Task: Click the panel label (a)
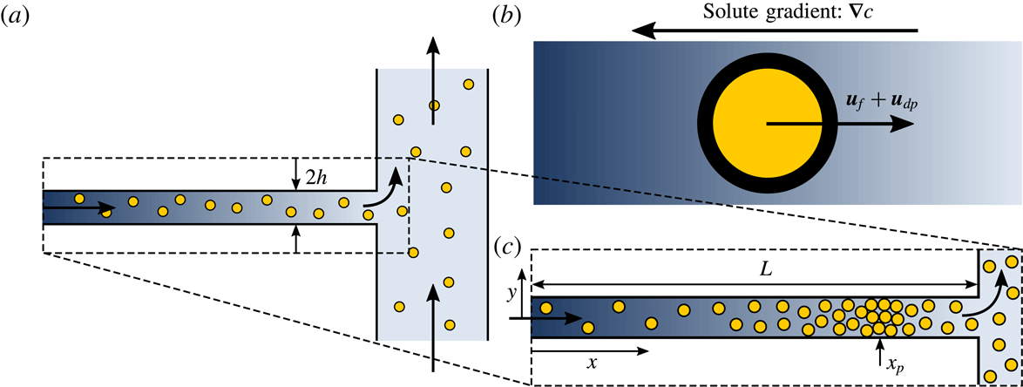click(17, 15)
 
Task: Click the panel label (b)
click(508, 15)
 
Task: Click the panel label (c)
click(509, 248)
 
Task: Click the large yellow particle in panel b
click(767, 124)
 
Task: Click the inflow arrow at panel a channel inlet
click(78, 208)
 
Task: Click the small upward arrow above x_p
click(877, 350)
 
